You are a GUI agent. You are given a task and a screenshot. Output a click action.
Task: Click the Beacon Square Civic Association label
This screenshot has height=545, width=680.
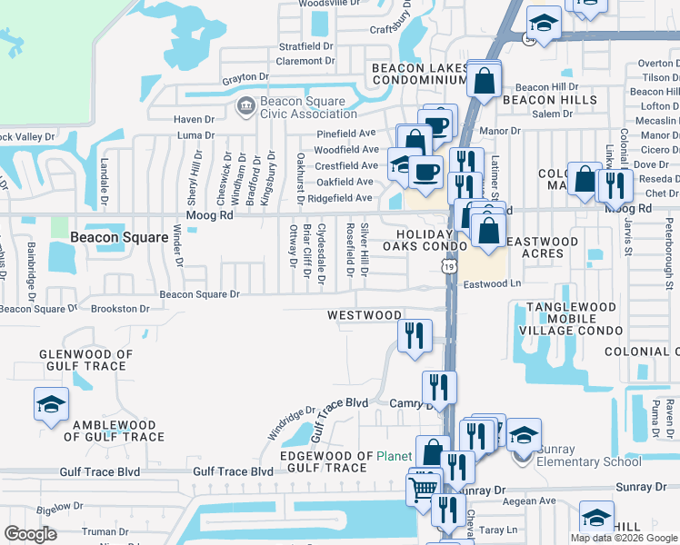pyautogui.click(x=296, y=107)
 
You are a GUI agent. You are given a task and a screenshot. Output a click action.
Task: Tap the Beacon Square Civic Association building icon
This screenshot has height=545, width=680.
pyautogui.click(x=245, y=107)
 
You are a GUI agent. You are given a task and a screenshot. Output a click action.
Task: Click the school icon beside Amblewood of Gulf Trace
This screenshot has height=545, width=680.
pyautogui.click(x=51, y=404)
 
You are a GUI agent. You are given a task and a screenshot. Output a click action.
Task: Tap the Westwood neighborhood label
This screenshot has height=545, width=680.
pyautogui.click(x=365, y=315)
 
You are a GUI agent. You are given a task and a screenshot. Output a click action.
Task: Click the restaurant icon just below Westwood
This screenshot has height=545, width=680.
pyautogui.click(x=414, y=335)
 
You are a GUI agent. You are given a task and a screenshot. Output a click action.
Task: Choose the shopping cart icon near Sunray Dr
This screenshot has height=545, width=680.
pyautogui.click(x=424, y=488)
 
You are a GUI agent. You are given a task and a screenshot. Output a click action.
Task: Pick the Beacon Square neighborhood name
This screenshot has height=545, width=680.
pyautogui.click(x=119, y=237)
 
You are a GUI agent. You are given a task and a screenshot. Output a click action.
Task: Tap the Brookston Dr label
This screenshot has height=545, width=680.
pyautogui.click(x=120, y=309)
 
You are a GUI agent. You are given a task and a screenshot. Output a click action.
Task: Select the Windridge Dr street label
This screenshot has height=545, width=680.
pyautogui.click(x=290, y=420)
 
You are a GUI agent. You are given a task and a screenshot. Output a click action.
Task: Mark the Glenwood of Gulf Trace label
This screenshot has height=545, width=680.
pyautogui.click(x=85, y=361)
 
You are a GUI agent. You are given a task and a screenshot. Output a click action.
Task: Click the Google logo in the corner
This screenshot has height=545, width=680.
pyautogui.click(x=30, y=533)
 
